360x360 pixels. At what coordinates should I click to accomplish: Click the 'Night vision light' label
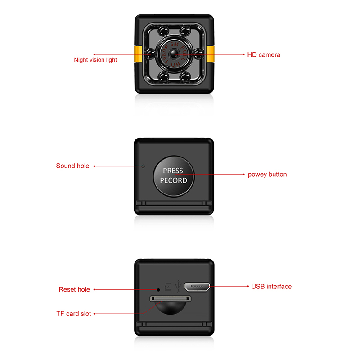95,60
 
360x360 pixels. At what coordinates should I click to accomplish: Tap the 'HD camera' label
264,54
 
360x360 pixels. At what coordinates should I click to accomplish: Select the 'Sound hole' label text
72,166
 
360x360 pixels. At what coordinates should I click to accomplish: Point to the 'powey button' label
267,175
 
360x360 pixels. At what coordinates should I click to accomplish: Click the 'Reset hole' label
74,289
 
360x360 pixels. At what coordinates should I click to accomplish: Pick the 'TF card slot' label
74,314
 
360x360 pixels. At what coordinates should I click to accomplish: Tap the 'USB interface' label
271,287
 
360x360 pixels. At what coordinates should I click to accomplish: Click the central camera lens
174,54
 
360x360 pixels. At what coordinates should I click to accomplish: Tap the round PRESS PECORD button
174,176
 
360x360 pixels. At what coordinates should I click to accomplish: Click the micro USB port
197,287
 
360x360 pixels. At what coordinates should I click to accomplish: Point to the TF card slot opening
171,298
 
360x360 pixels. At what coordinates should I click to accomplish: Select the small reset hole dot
158,290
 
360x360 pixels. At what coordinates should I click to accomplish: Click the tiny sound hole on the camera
143,166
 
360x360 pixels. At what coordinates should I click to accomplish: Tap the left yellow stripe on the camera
138,54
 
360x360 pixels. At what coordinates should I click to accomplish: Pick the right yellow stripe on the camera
210,54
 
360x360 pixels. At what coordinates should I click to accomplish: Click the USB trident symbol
178,286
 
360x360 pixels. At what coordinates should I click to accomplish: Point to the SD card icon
168,287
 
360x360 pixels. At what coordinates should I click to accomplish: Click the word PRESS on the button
173,171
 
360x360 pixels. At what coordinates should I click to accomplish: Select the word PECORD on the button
174,180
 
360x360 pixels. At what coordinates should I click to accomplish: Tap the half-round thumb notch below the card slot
171,308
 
